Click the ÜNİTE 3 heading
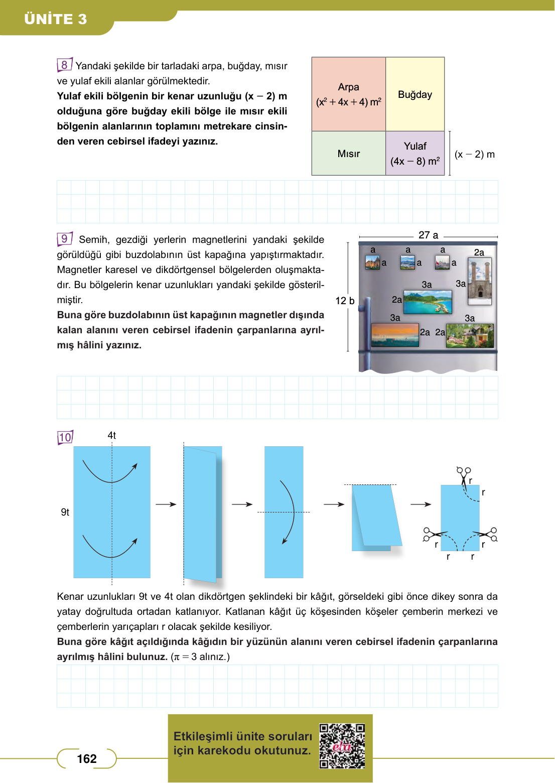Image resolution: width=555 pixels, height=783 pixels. coord(56,19)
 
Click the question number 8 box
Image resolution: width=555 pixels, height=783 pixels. coord(64,65)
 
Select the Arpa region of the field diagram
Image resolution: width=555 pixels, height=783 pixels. coord(349,94)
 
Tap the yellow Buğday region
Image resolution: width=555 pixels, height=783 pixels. coord(415,94)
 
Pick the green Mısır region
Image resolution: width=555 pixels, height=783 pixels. coord(349,154)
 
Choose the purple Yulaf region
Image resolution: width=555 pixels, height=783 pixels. coord(415,154)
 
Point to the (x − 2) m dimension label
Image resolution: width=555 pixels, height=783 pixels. coord(474,155)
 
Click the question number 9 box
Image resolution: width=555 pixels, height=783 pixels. coord(64,239)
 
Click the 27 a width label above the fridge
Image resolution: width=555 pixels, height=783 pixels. coord(428,235)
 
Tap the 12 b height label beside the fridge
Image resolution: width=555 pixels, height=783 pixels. coord(345,301)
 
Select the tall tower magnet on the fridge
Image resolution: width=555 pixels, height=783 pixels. coord(480,281)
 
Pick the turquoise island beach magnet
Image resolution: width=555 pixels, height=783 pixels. coord(428,302)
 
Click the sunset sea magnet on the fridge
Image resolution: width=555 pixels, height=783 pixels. coord(395,335)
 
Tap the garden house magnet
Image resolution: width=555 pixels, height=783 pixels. coord(470,336)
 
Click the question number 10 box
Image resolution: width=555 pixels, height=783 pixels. coord(65,437)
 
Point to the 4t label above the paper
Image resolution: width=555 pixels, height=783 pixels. coord(112,436)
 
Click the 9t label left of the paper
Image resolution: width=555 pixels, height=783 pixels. coord(65,512)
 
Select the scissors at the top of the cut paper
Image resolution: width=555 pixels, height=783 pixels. coord(464,474)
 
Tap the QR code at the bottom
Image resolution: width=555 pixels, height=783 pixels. coord(342,746)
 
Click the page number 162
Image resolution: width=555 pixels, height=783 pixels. coord(87,759)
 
